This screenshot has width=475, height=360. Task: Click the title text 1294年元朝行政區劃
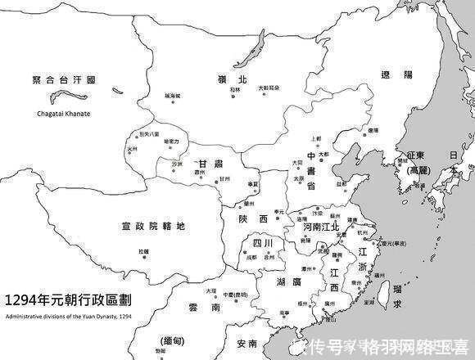click(70, 300)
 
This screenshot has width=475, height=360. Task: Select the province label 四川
click(263, 243)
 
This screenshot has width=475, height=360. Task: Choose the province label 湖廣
click(292, 281)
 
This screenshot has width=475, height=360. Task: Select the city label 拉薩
click(145, 251)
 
